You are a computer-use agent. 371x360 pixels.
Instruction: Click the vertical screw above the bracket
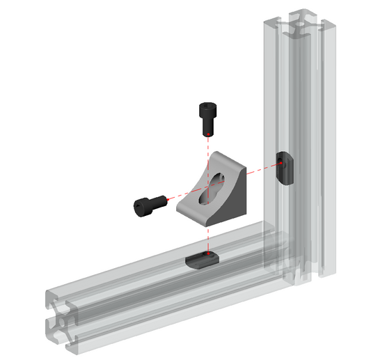pos(207,118)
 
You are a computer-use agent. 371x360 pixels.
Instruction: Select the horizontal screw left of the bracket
pos(148,203)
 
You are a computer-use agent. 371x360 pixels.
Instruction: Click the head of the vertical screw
pos(207,110)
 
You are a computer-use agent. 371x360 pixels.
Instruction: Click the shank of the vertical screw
pos(207,127)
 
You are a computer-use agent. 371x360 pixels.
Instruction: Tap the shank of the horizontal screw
pos(160,201)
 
